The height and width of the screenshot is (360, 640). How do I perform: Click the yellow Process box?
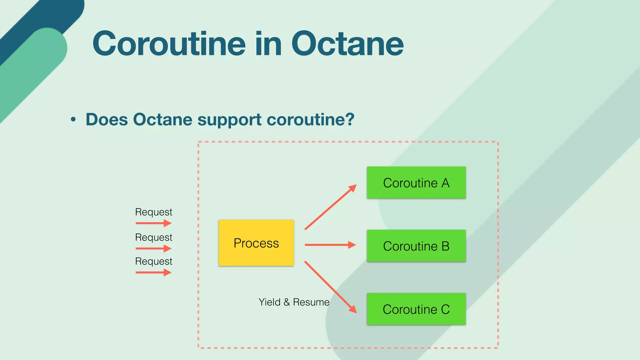pyautogui.click(x=256, y=243)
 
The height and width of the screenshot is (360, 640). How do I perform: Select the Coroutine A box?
pyautogui.click(x=416, y=182)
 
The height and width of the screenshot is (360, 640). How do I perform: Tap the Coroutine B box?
pyautogui.click(x=416, y=246)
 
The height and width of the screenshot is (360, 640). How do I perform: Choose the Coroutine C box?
pyautogui.click(x=416, y=309)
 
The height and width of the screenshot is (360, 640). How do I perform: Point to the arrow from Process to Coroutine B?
pyautogui.click(x=330, y=245)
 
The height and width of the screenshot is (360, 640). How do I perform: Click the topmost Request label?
pyautogui.click(x=153, y=212)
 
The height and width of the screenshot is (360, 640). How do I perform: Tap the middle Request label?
pyautogui.click(x=153, y=237)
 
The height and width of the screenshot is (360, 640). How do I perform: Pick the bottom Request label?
pyautogui.click(x=153, y=261)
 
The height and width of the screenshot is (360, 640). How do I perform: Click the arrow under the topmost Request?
pyautogui.click(x=153, y=223)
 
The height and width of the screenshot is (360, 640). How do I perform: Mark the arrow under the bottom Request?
pyautogui.click(x=153, y=272)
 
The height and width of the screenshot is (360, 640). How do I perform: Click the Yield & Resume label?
pyautogui.click(x=294, y=302)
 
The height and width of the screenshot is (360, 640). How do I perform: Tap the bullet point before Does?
pyautogui.click(x=73, y=119)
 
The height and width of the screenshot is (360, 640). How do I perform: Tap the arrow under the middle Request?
pyautogui.click(x=153, y=248)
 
